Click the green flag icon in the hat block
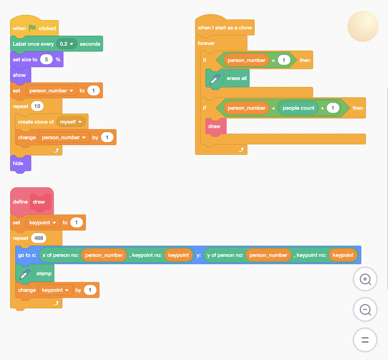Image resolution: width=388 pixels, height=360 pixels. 32,28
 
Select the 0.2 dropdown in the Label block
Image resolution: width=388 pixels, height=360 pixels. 67,44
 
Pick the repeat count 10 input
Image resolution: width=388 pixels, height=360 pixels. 38,106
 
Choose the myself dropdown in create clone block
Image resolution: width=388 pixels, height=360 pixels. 71,122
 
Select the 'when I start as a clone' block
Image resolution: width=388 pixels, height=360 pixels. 225,28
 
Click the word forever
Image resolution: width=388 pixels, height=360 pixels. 206,44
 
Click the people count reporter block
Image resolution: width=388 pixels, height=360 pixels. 298,108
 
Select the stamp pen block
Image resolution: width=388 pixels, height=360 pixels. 44,273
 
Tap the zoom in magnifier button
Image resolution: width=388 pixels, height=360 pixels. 365,279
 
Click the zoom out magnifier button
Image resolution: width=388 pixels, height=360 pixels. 365,310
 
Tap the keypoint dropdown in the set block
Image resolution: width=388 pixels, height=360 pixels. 43,222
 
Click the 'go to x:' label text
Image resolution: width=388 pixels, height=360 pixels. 27,255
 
